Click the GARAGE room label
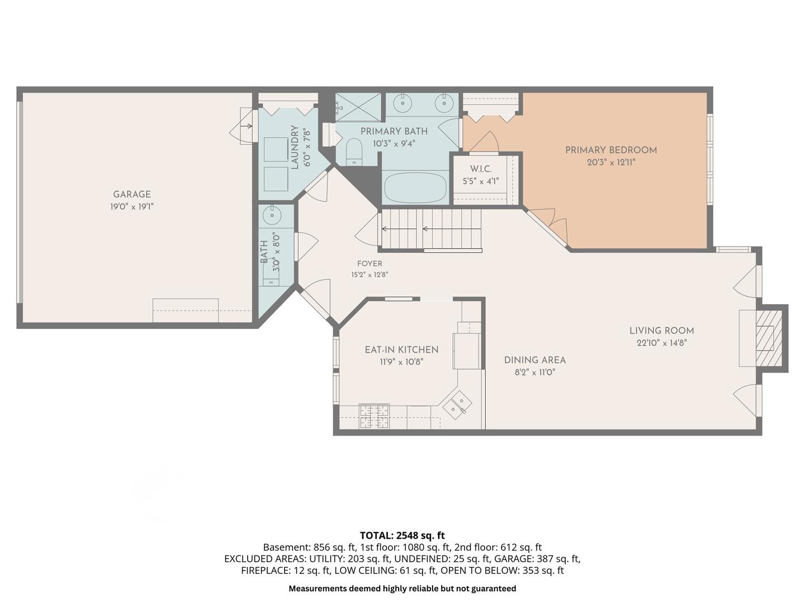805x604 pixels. [132, 194]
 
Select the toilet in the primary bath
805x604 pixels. [354, 152]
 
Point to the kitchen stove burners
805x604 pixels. [374, 416]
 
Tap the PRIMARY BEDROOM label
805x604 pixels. [611, 150]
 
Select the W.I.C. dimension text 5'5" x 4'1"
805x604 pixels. [480, 181]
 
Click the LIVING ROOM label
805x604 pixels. [661, 331]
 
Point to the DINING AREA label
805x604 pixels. [535, 360]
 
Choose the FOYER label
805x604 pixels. [370, 263]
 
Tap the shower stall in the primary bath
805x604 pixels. [358, 107]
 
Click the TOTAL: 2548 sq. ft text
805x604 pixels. [402, 535]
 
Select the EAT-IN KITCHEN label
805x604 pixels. [401, 350]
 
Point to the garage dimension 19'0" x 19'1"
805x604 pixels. [132, 207]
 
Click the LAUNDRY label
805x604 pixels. [294, 147]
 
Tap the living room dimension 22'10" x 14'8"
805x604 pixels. [661, 343]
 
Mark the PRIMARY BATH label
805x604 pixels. [394, 131]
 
